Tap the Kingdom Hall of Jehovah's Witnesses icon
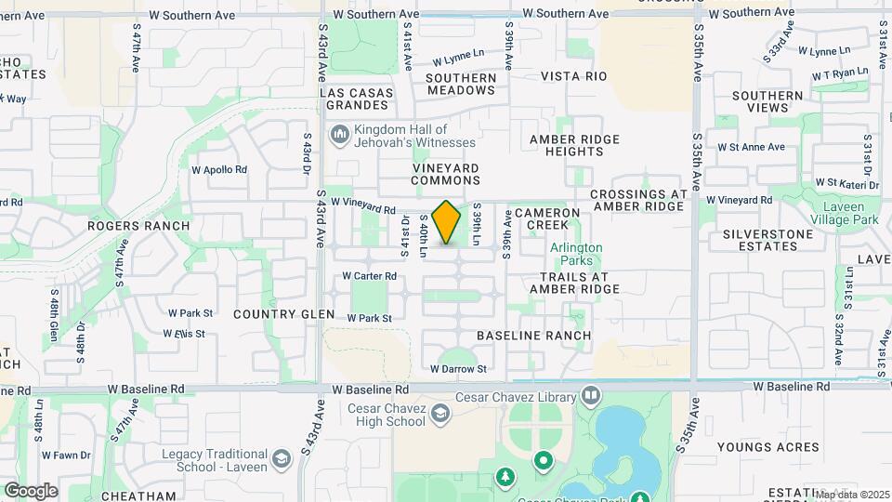point(338,136)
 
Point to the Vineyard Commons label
point(445,174)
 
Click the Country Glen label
point(283,314)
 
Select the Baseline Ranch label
point(533,335)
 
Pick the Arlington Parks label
point(576,255)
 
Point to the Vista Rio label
point(573,76)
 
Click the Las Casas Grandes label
point(357,99)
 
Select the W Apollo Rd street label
point(218,170)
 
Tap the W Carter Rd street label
point(369,276)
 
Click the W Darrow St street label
point(458,369)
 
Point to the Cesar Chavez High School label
point(386,415)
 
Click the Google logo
point(31,490)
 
